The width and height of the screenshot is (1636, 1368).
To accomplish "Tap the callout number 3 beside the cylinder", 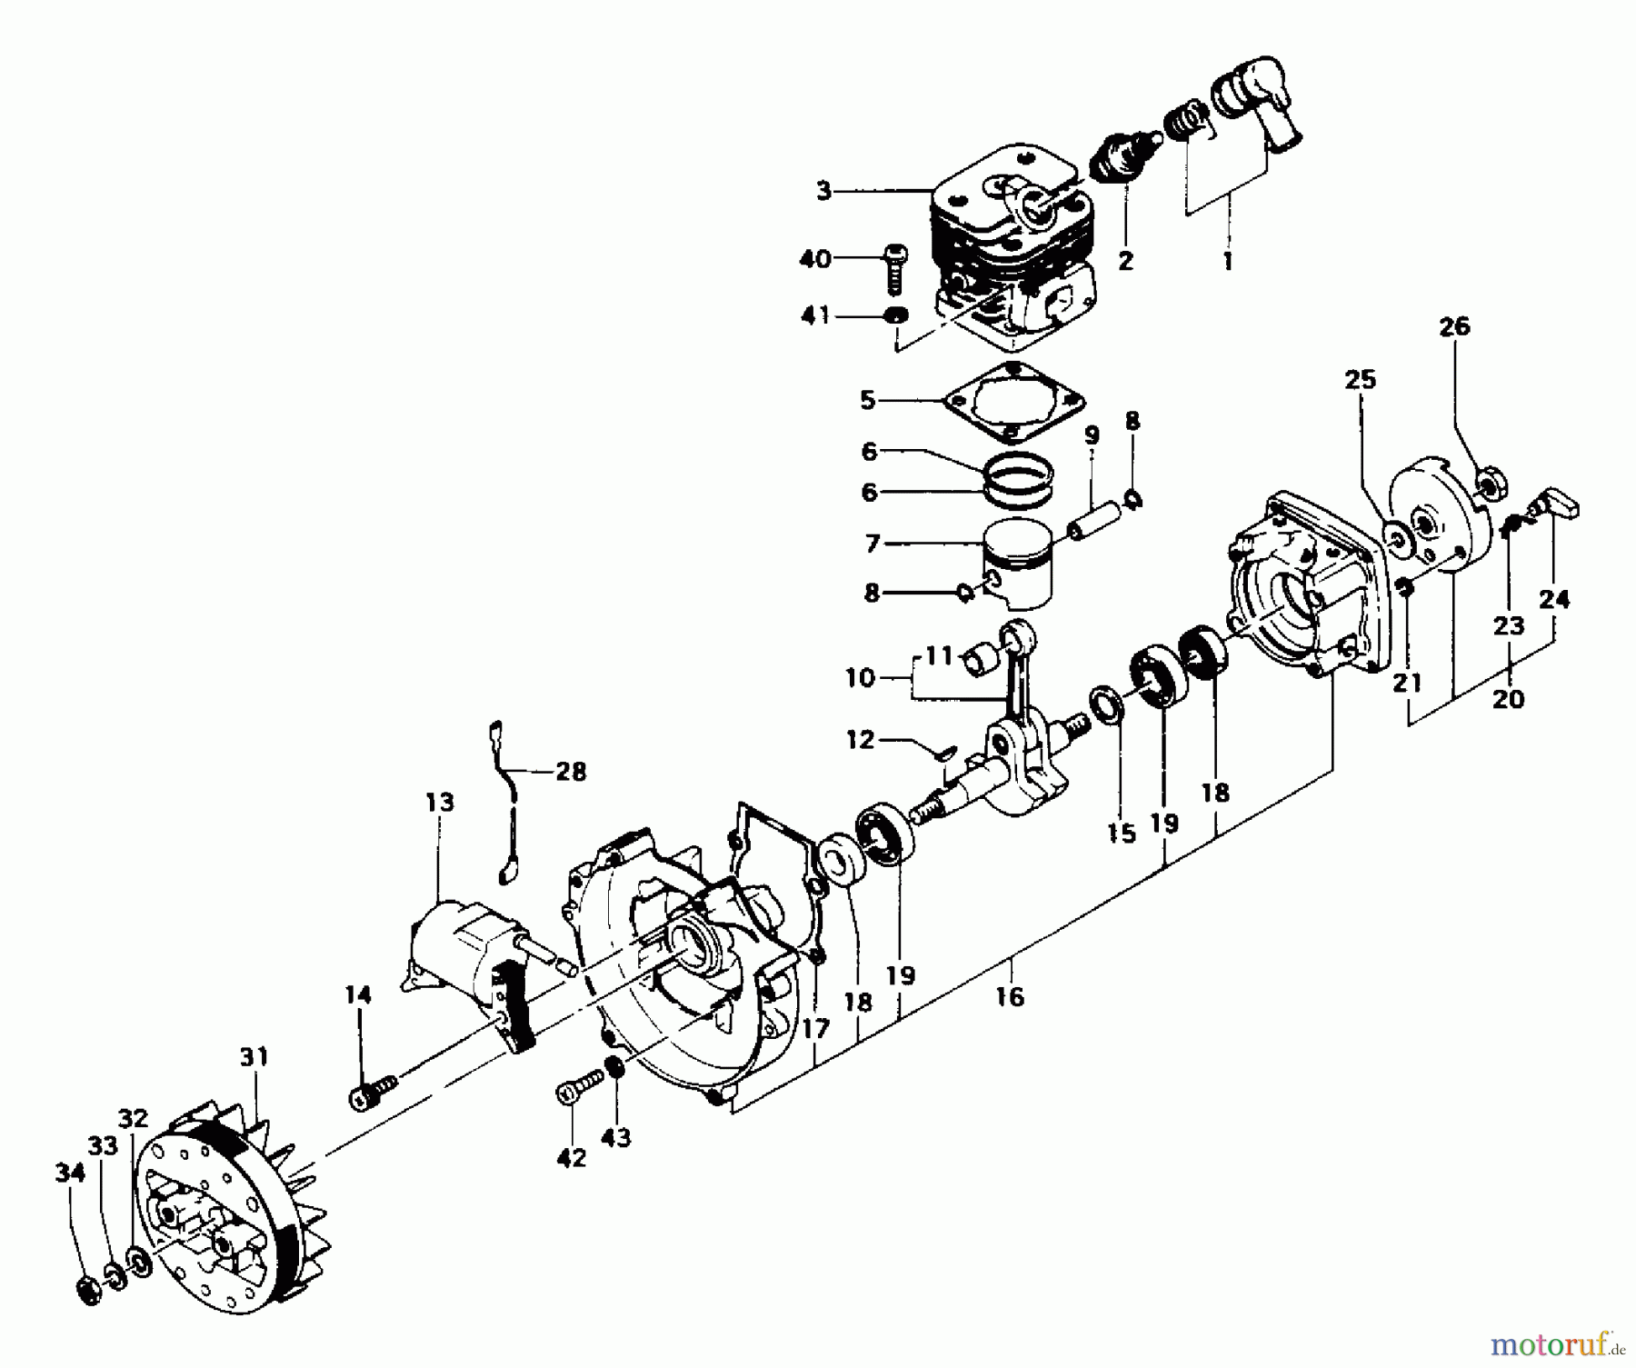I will pos(823,192).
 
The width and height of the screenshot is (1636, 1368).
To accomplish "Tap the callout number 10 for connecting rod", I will pos(859,678).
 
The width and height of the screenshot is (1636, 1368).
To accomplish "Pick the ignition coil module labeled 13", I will pos(464,954).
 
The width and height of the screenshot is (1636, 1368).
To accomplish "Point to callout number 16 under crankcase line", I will pos(1009,997).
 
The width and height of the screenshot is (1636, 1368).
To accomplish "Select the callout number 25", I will pos(1361,379).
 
